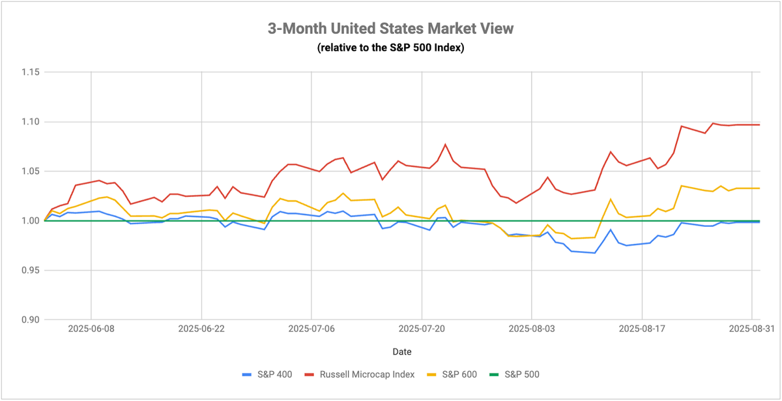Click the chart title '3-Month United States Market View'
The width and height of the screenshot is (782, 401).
tap(390, 29)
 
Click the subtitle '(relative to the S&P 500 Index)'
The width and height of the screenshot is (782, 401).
tap(390, 48)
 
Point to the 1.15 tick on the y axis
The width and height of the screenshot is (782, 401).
tap(31, 72)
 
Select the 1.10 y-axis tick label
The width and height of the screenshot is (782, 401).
tap(31, 122)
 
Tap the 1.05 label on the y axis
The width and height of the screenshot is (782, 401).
tap(31, 171)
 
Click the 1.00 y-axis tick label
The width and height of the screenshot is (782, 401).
tap(31, 221)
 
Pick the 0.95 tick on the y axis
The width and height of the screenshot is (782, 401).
tap(31, 271)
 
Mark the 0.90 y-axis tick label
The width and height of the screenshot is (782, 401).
tap(31, 320)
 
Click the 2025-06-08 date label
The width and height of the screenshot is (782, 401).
tap(91, 329)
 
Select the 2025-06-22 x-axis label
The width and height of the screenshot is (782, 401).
tap(201, 329)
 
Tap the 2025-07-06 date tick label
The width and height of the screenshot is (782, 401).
tap(311, 329)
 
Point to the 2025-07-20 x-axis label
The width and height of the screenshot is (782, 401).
tap(422, 329)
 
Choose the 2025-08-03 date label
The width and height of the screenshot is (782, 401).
tap(532, 329)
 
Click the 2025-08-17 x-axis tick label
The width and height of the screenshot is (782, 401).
tap(642, 329)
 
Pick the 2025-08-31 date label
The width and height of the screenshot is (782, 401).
tap(751, 329)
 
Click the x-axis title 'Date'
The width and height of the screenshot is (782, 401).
tap(402, 351)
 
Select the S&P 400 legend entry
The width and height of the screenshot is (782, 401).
tap(267, 375)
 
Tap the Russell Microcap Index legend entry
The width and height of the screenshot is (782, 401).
tap(360, 375)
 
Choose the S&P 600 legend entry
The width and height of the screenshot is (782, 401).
tap(452, 375)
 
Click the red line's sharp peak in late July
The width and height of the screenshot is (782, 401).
tap(445, 144)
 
